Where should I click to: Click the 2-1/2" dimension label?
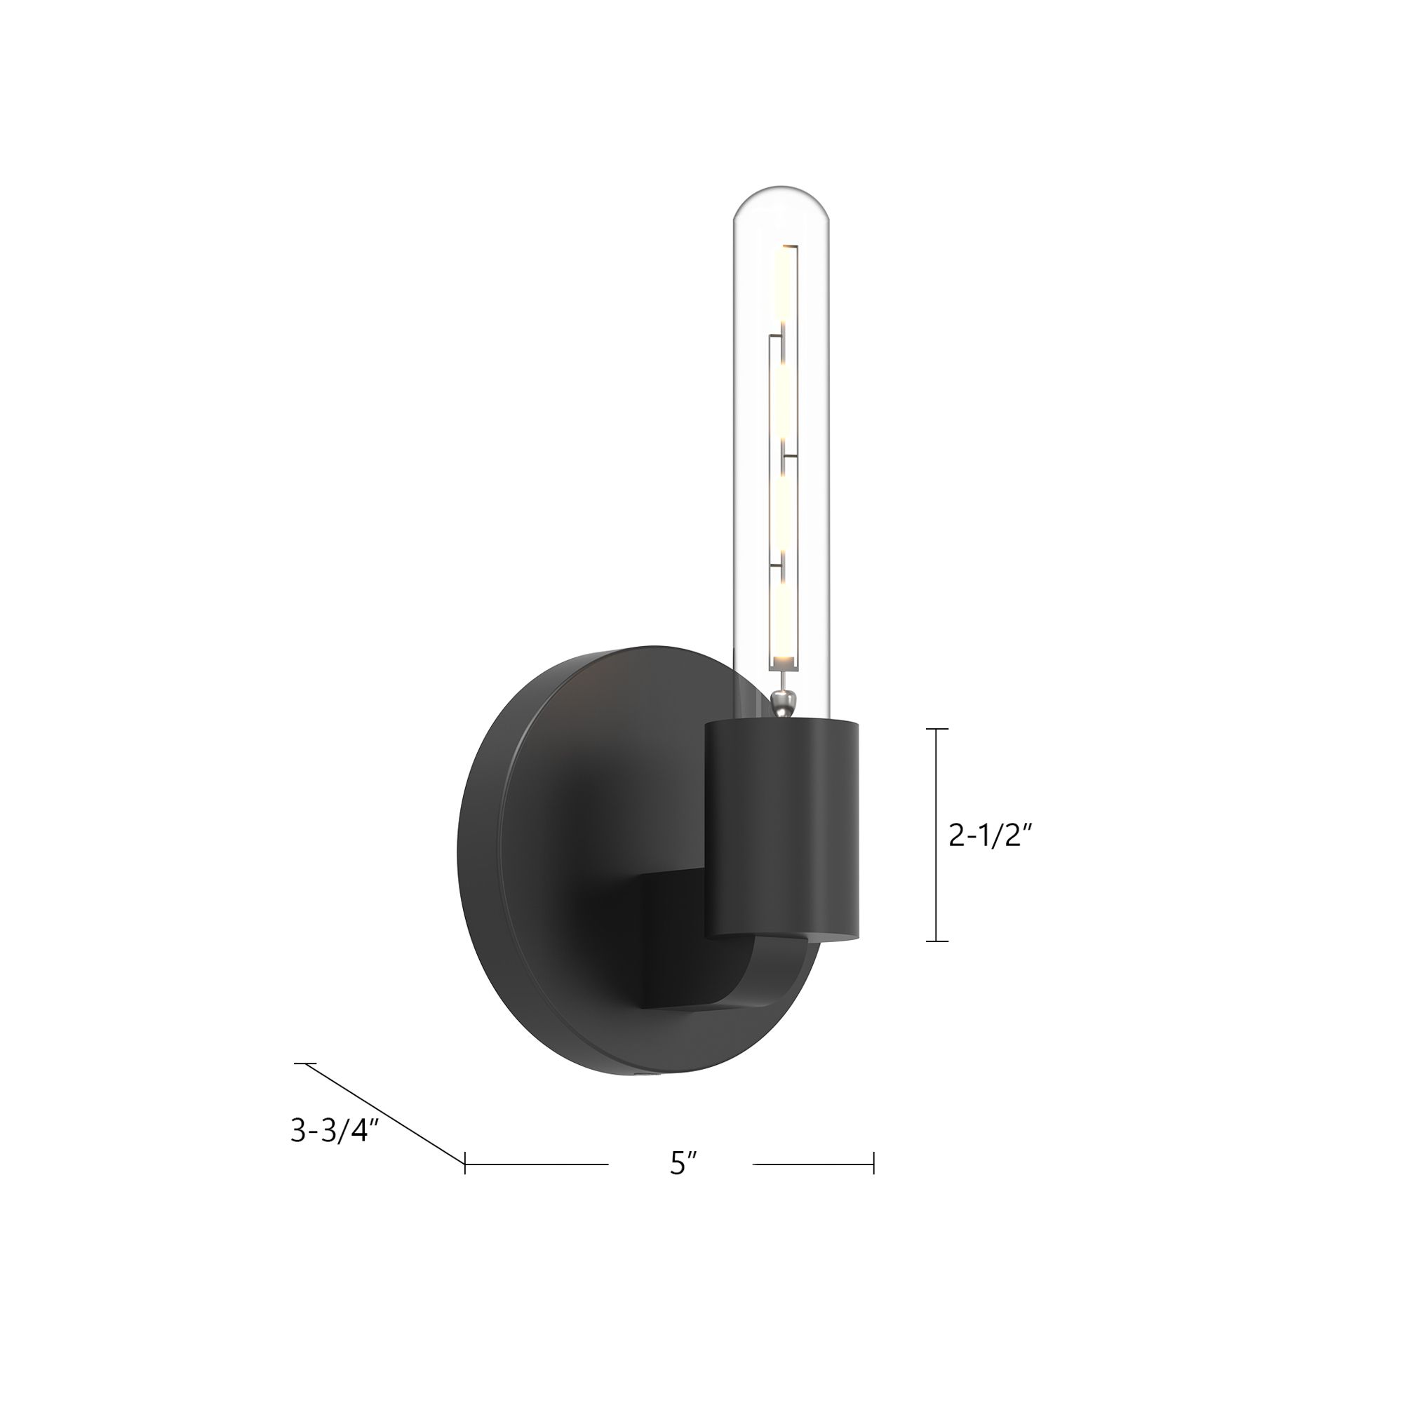991,837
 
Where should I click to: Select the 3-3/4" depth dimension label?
335,1131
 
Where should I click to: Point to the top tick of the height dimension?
937,729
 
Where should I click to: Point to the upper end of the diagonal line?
305,1064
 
